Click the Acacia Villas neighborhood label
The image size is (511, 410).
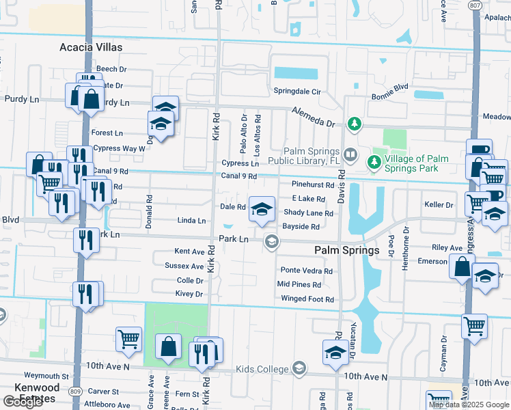pyautogui.click(x=90, y=47)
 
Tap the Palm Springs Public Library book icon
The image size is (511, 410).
pyautogui.click(x=350, y=154)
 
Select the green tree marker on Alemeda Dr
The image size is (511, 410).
pyautogui.click(x=354, y=123)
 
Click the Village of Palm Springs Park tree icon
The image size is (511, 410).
pyautogui.click(x=373, y=162)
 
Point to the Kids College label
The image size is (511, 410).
pyautogui.click(x=262, y=369)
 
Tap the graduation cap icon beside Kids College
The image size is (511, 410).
pyautogui.click(x=299, y=369)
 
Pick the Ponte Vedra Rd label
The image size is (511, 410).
pyautogui.click(x=306, y=271)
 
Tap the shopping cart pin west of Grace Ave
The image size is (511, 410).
pyautogui.click(x=128, y=338)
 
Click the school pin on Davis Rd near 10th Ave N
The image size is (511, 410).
pyautogui.click(x=335, y=353)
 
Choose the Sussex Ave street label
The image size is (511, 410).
pyautogui.click(x=184, y=266)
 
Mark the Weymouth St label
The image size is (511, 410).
pyautogui.click(x=46, y=376)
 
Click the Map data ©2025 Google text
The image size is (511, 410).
pyautogui.click(x=469, y=405)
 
